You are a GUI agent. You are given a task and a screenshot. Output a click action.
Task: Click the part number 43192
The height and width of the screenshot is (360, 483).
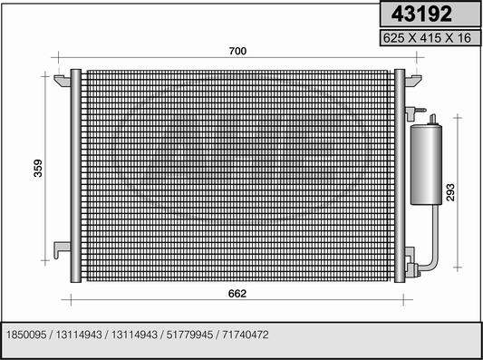421,14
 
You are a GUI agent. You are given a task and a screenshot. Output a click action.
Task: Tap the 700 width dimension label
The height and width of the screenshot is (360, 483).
237,51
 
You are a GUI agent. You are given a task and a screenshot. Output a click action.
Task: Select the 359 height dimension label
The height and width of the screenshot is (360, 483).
38,169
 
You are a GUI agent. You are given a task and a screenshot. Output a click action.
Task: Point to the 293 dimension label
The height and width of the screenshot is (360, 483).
450,192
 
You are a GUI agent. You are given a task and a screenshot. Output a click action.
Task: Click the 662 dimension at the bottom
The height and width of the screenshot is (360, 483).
237,294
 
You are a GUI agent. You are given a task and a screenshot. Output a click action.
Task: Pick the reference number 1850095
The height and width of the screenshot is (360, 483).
26,335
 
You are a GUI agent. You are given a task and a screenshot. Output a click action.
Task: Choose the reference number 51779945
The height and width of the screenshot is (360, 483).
189,335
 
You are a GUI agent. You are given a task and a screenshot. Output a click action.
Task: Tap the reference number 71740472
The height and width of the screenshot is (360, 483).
246,335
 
